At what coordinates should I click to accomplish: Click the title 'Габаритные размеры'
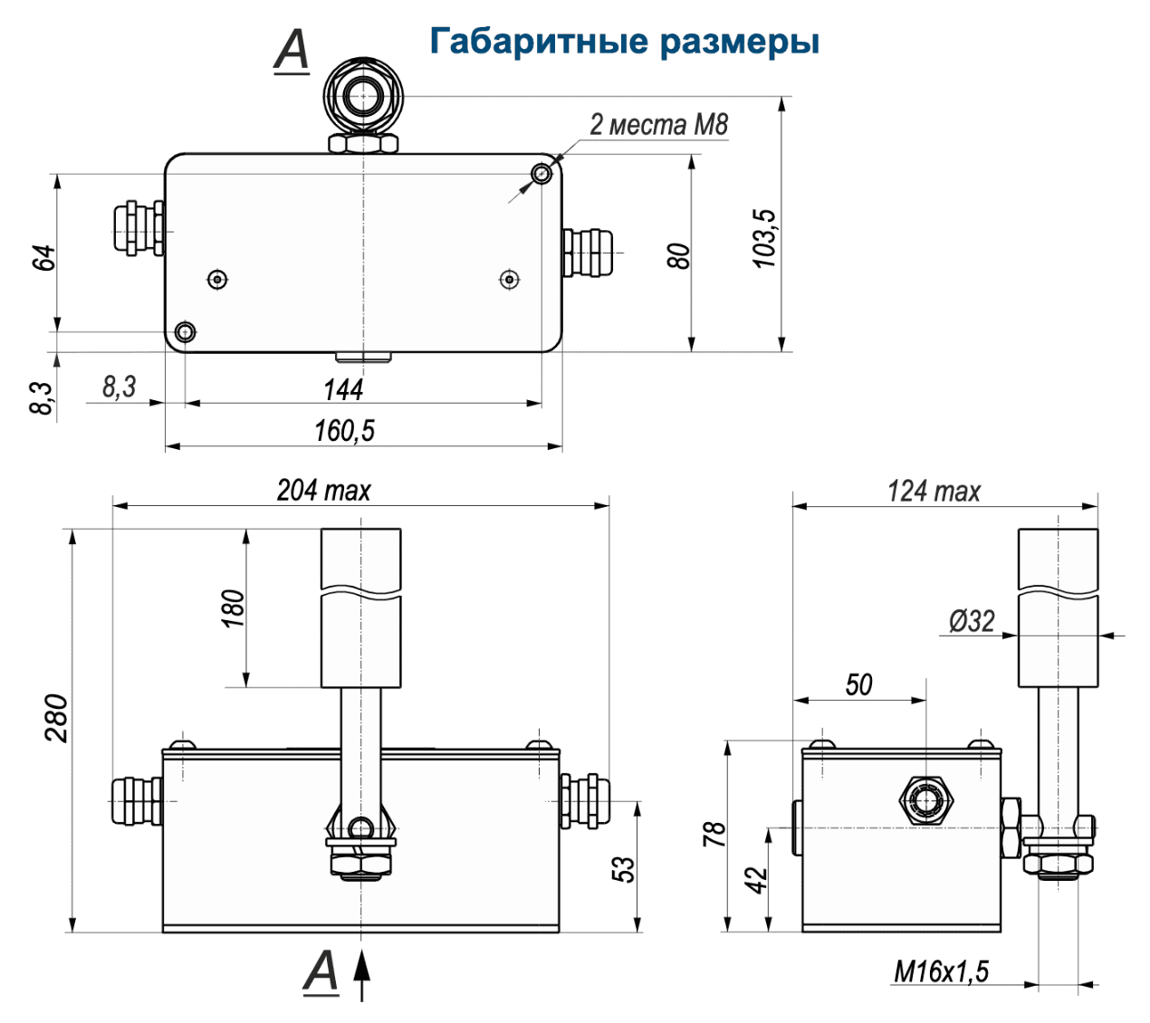[x=624, y=42]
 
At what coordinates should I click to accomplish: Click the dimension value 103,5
[x=765, y=238]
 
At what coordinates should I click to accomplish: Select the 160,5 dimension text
[x=344, y=431]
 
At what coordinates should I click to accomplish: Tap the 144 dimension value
[x=343, y=390]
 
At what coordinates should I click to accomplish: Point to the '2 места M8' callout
[x=658, y=125]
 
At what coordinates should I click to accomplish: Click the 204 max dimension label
[x=323, y=491]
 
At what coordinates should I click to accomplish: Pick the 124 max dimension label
[x=934, y=492]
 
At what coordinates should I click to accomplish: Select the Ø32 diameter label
[x=972, y=621]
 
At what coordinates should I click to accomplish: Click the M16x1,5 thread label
[x=941, y=972]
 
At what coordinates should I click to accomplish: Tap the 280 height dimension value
[x=56, y=718]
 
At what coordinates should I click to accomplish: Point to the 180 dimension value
[x=233, y=608]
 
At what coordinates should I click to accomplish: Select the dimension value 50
[x=858, y=684]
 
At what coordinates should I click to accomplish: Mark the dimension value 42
[x=756, y=879]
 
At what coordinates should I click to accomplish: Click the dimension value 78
[x=714, y=834]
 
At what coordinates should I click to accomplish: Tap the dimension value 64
[x=43, y=257]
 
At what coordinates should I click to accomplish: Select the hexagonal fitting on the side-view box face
[x=924, y=799]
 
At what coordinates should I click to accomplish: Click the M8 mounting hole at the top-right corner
[x=541, y=173]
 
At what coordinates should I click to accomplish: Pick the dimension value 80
[x=678, y=256]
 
